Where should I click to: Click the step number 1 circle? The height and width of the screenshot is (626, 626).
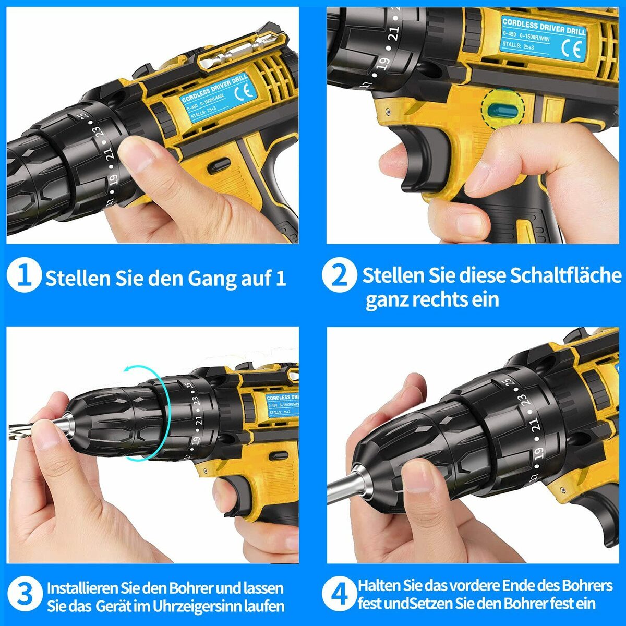click(x=25, y=276)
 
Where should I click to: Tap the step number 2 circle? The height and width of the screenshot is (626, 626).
click(x=340, y=276)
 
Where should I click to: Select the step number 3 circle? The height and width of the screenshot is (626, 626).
click(x=25, y=595)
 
